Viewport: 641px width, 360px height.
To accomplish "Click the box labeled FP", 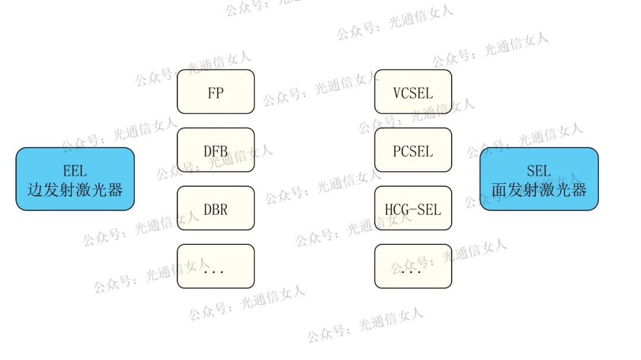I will tap(215, 92).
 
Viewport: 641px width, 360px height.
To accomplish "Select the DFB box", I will tap(215, 150).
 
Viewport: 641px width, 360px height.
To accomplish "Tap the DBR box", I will tap(215, 208).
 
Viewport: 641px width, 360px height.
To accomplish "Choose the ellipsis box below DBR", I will tap(215, 266).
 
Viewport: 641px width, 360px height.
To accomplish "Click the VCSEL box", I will tap(413, 92).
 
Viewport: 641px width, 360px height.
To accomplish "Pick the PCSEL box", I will tap(413, 150).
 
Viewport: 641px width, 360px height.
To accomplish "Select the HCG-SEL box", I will tap(413, 208).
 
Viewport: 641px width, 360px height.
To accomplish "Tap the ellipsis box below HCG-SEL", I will tap(413, 266).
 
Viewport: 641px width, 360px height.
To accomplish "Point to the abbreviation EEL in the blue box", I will tap(75, 171).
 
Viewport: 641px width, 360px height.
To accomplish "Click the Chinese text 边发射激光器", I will tap(75, 190).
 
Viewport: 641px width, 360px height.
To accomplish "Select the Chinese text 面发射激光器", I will tap(539, 190).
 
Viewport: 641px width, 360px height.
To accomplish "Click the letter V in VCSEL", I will tap(397, 93).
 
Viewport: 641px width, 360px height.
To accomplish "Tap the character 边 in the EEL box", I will tap(36, 190).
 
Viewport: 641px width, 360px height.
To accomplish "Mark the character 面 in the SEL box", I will tap(499, 190).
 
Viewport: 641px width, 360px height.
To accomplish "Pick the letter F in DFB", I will tap(215, 151).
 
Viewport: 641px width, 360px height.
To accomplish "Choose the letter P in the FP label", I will tap(220, 93).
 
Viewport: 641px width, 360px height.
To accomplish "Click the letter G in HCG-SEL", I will tap(405, 209).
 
